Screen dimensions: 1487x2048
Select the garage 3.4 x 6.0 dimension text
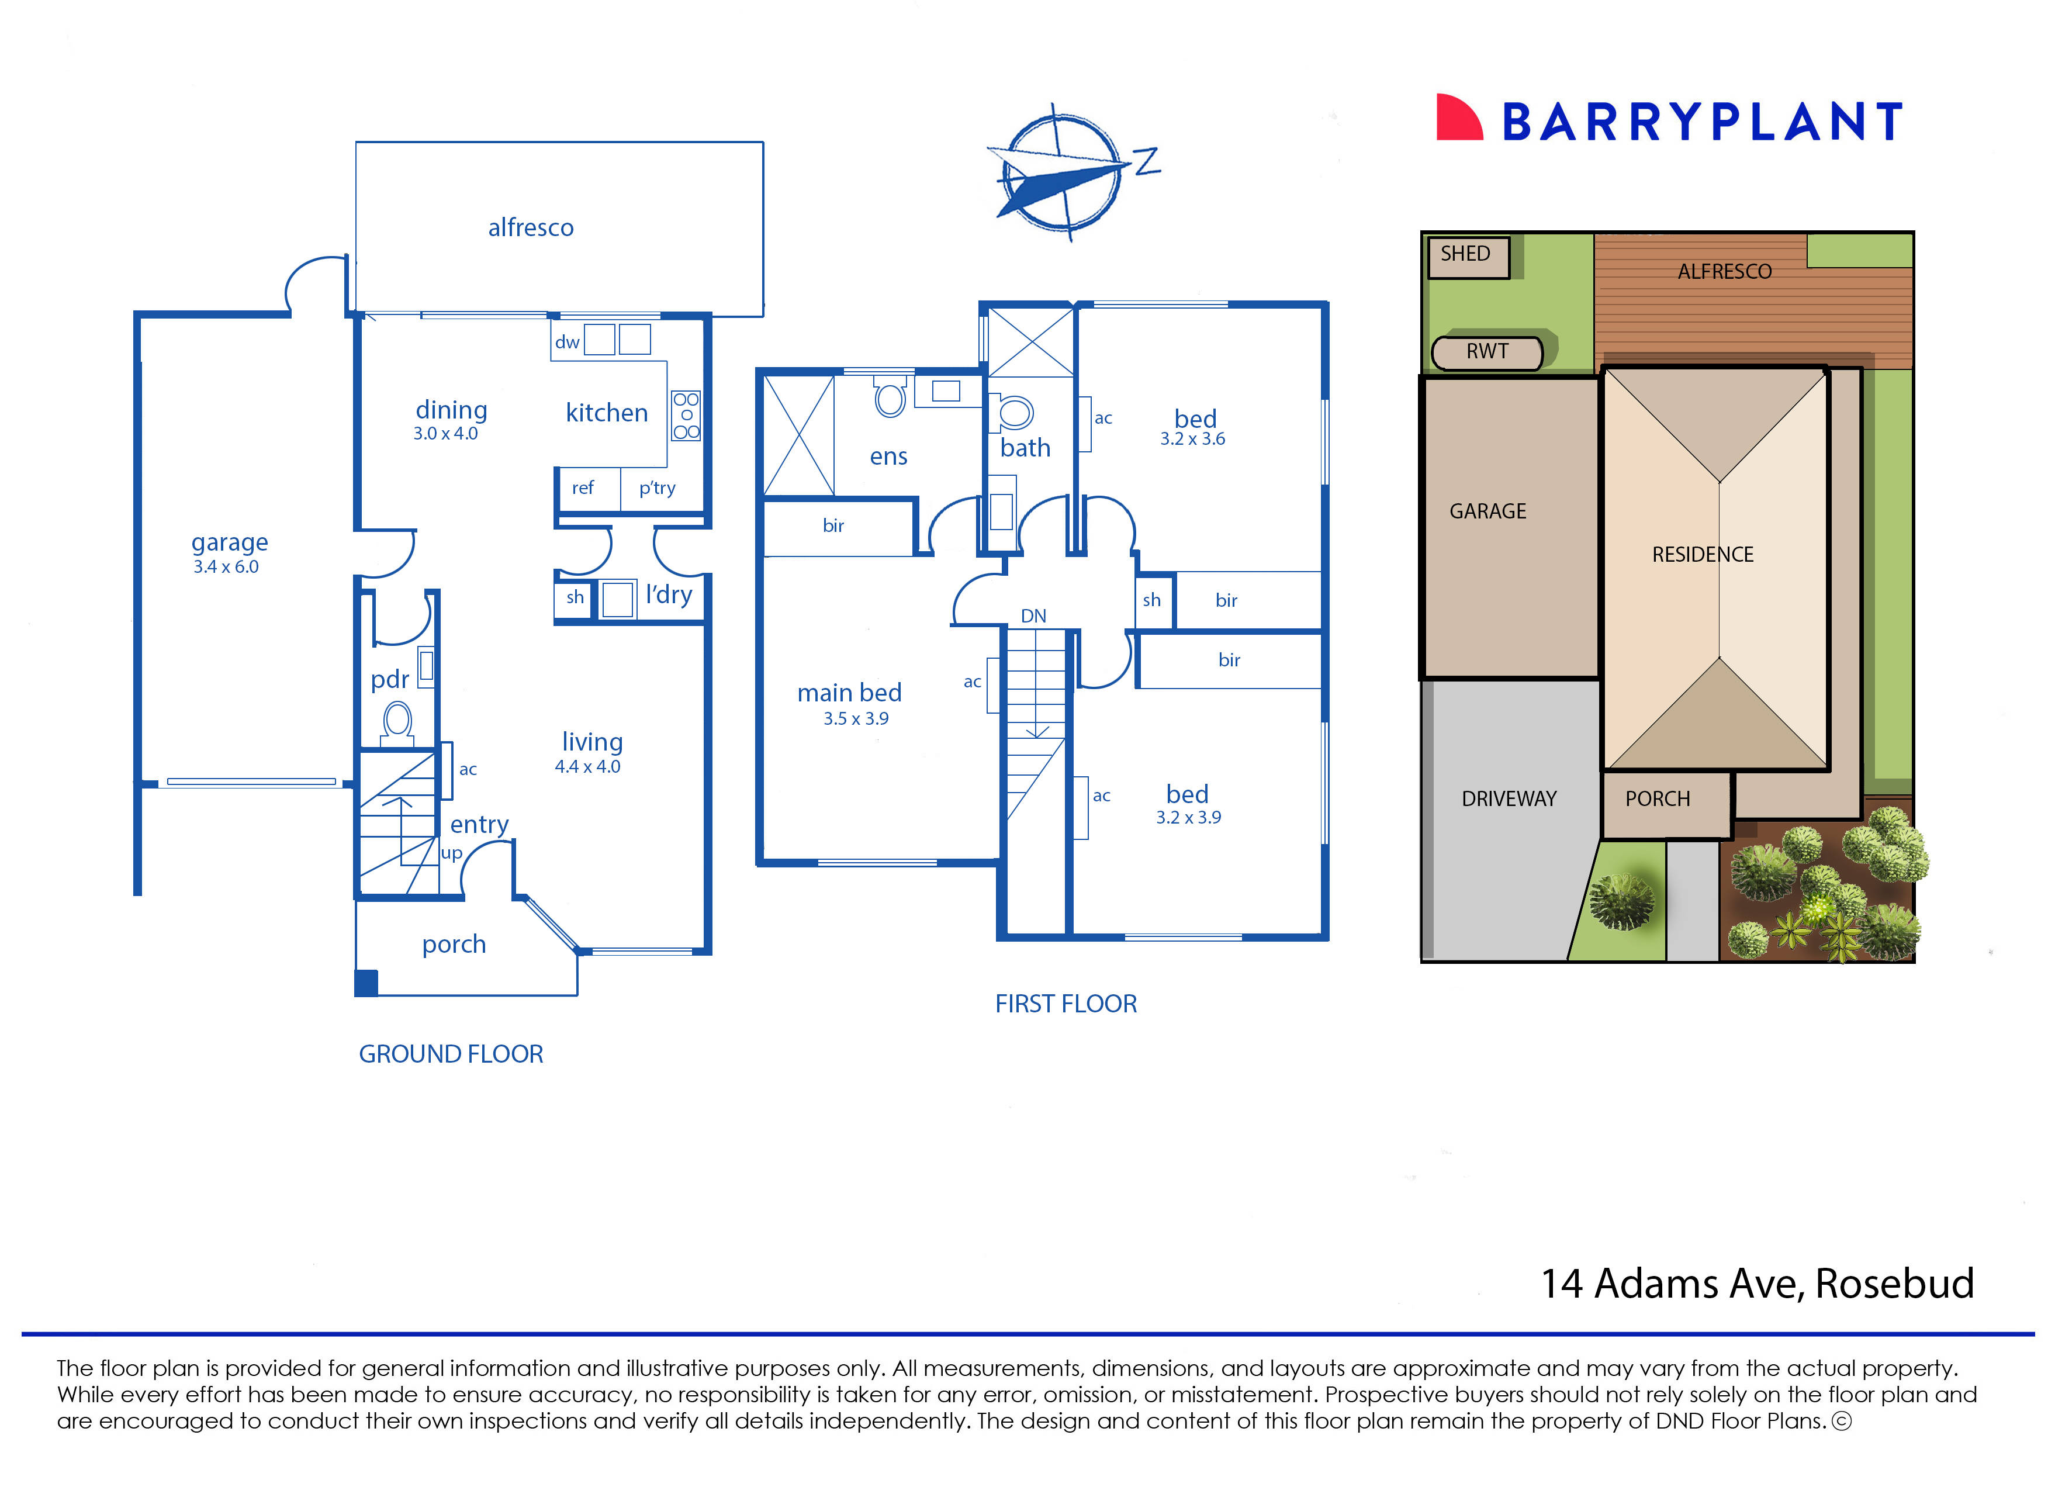(226, 567)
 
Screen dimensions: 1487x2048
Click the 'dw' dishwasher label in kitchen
(567, 342)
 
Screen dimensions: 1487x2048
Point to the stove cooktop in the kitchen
(686, 416)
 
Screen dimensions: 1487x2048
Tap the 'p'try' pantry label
(656, 489)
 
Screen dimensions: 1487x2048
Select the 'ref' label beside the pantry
(583, 489)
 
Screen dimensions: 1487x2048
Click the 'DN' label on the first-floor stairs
(1033, 615)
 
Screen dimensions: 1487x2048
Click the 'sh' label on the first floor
(1151, 600)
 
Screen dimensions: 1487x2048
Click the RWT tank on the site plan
(1486, 352)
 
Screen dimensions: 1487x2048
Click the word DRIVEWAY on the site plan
(1509, 799)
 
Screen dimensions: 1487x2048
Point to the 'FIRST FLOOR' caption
(1065, 1004)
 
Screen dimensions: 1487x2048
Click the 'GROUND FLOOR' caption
(451, 1054)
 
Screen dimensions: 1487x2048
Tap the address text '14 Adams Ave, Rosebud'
(1756, 1284)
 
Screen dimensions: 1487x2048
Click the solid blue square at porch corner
(366, 983)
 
